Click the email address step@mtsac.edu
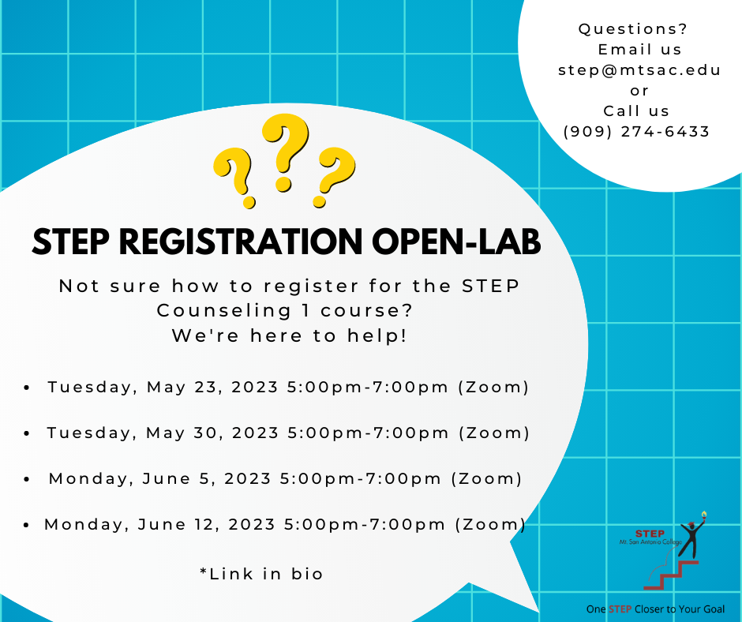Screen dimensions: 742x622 [639, 70]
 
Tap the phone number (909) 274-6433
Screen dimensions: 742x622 [636, 131]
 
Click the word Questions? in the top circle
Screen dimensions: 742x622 [633, 29]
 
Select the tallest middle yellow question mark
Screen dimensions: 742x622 [285, 152]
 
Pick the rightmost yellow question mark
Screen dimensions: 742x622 [335, 177]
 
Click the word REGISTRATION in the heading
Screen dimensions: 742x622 [241, 242]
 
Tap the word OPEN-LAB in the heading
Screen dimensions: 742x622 [456, 242]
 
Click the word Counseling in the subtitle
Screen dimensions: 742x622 [224, 311]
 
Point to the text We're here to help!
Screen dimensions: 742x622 [289, 335]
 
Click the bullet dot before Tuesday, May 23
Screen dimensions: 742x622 [27, 388]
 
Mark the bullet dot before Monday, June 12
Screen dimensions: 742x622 [27, 525]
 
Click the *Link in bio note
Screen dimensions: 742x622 [261, 574]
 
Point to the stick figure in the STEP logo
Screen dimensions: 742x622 [691, 537]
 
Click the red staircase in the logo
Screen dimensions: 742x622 [671, 575]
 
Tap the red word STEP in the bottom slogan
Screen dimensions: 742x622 [620, 609]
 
